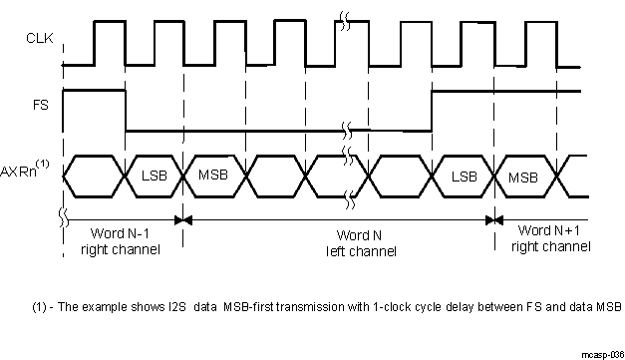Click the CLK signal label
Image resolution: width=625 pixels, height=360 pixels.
[37, 41]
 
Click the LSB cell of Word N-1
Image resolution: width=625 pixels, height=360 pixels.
[155, 176]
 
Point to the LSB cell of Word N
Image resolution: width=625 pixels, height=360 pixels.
[464, 176]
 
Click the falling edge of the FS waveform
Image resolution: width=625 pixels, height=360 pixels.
[126, 110]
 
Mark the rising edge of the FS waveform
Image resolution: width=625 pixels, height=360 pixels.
[432, 110]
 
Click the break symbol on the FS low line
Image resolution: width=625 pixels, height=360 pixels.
[344, 131]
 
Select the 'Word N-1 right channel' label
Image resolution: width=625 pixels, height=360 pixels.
[120, 238]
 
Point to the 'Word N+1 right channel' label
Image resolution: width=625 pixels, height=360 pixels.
[544, 238]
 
